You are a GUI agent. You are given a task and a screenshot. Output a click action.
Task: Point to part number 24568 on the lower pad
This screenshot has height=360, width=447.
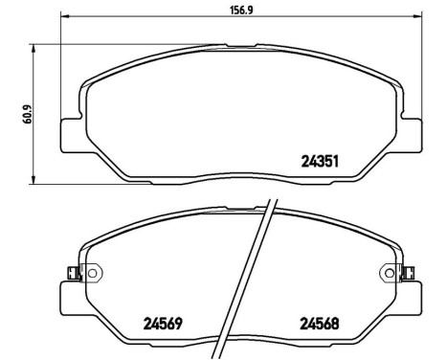[321, 323]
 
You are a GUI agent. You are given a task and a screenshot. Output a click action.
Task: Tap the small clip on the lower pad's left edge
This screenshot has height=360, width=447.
[70, 272]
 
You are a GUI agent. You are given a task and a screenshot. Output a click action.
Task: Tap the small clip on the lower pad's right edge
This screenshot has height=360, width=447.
[409, 272]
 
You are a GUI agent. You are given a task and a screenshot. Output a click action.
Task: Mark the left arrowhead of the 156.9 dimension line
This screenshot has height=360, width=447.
[63, 17]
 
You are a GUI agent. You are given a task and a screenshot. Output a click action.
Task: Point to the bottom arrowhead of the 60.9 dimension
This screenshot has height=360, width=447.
[34, 181]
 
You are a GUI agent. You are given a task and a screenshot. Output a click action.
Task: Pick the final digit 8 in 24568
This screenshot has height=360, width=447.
[337, 323]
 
